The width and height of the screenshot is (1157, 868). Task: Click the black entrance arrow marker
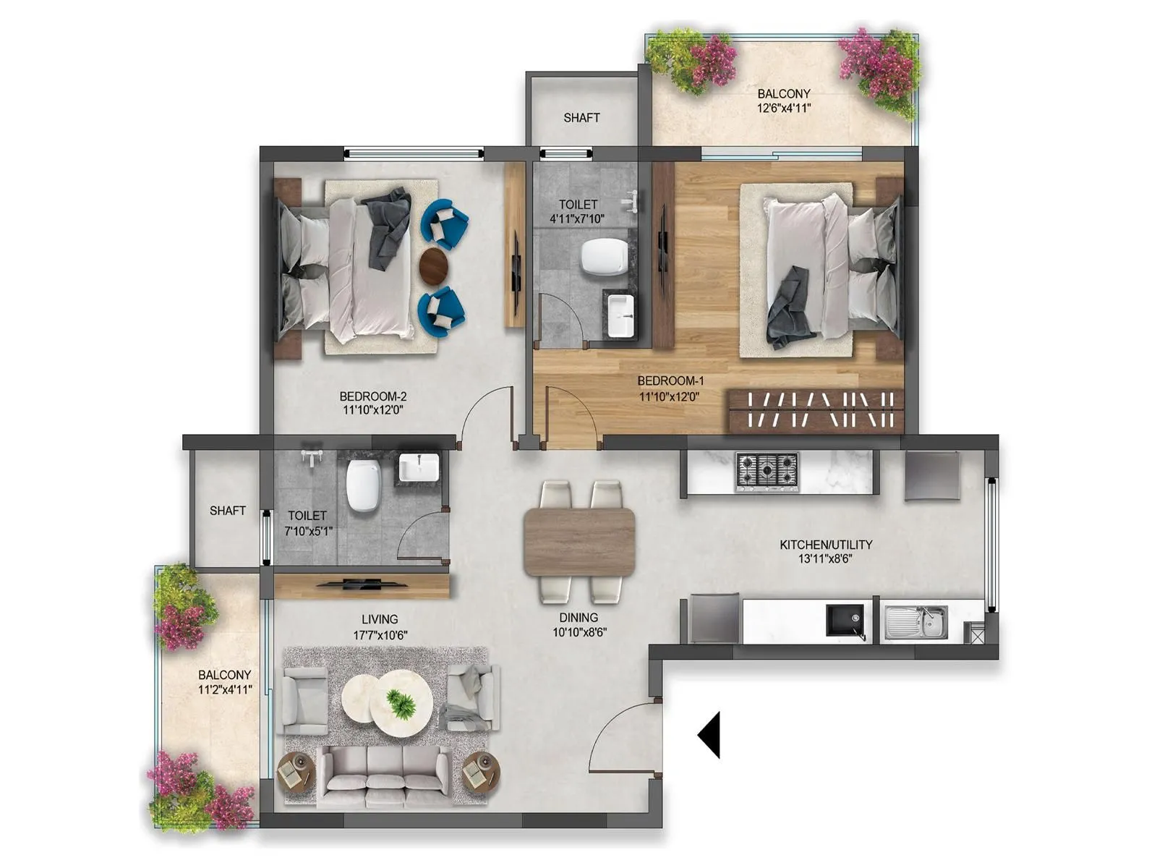pos(711,735)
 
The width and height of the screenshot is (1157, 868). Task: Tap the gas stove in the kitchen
pos(767,472)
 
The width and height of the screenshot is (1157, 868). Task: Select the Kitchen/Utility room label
pos(826,551)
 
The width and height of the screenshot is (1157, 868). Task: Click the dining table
pos(580,542)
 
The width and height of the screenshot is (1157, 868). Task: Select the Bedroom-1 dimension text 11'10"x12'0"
pos(670,396)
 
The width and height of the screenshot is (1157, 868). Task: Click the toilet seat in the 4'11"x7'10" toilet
pos(603,258)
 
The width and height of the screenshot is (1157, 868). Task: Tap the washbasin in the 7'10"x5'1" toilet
pos(419,467)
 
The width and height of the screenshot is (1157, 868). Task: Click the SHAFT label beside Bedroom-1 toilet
pos(581,117)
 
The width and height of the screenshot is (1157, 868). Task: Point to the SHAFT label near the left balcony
pos(228,511)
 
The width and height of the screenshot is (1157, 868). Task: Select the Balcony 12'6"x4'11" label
pos(784,101)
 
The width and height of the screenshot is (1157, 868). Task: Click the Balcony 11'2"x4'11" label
pos(225,682)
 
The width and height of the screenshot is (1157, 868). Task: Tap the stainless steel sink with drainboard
pos(915,623)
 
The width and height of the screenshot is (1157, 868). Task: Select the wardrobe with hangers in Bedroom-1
pos(816,410)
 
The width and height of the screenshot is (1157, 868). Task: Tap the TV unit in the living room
pos(362,584)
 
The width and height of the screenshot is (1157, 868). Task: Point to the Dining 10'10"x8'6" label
pos(578,624)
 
